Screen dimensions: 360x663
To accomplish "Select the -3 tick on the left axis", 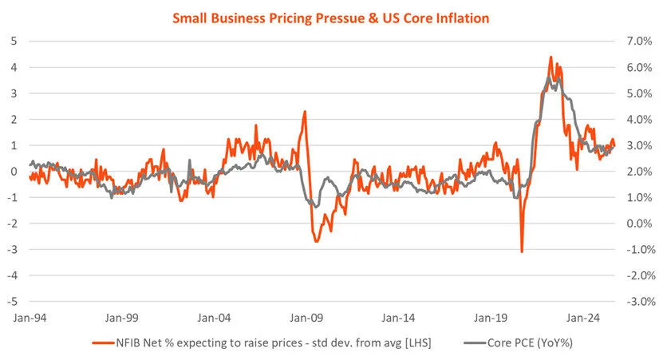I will click(x=12, y=249).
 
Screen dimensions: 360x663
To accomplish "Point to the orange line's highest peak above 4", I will click(x=551, y=57).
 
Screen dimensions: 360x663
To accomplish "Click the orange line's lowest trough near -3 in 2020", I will click(x=522, y=251).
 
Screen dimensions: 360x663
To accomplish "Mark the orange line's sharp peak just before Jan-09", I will click(x=305, y=112).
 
